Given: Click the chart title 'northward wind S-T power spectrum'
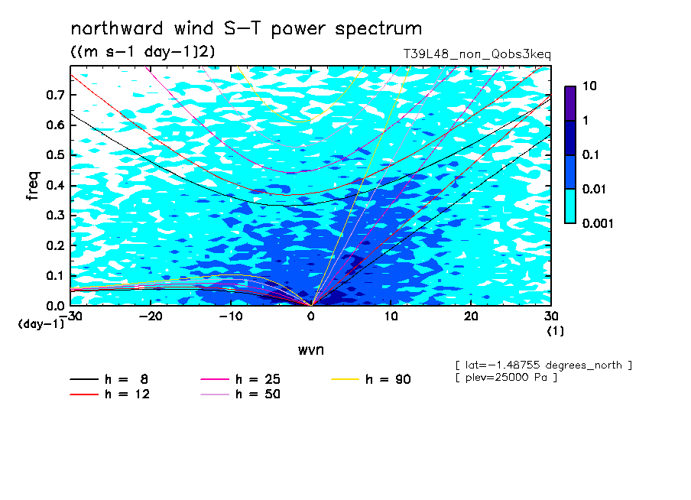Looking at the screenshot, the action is [246, 29].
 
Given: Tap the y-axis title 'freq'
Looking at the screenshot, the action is [33, 186].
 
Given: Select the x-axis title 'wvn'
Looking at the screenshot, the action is [311, 350].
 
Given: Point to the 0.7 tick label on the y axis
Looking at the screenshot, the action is [55, 95].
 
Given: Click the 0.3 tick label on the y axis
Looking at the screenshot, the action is [55, 215].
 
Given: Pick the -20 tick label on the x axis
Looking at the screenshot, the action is [151, 317].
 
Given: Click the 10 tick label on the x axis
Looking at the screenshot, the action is [391, 317].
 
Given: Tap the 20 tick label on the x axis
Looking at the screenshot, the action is [471, 317].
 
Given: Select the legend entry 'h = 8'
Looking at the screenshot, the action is [109, 379].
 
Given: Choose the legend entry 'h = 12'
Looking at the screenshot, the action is [110, 394].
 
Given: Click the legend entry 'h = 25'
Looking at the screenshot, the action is [240, 379].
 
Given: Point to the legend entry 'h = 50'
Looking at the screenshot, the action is [240, 394].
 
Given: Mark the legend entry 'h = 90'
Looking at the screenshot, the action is [371, 379].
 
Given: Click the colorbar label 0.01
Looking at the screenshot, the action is [595, 189].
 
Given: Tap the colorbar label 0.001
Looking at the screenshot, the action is [598, 223].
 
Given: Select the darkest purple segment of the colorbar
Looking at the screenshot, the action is [570, 103].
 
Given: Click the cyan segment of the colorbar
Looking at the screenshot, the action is [570, 206].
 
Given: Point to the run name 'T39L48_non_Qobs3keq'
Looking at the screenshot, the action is [477, 54].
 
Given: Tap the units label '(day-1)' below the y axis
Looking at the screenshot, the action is [41, 324].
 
